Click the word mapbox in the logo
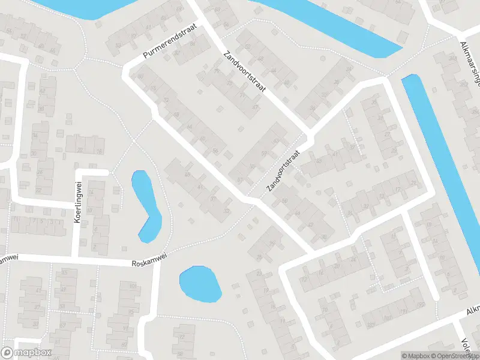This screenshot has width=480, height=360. [x=34, y=352]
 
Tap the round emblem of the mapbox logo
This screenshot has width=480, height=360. [x=8, y=352]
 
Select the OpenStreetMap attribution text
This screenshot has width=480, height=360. [x=456, y=356]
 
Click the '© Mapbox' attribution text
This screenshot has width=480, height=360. [x=416, y=356]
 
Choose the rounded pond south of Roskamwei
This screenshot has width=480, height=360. [x=200, y=284]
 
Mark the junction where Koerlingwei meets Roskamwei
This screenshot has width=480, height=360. [x=76, y=257]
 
